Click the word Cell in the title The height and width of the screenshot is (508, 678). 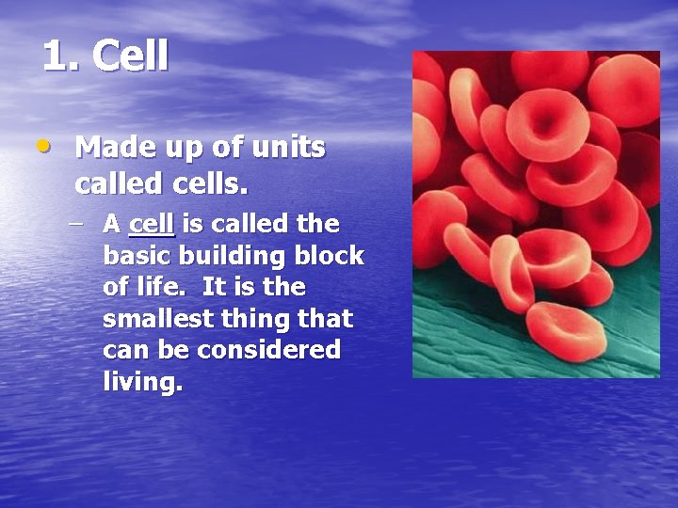coord(131,56)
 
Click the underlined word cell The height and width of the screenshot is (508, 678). coord(151,224)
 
